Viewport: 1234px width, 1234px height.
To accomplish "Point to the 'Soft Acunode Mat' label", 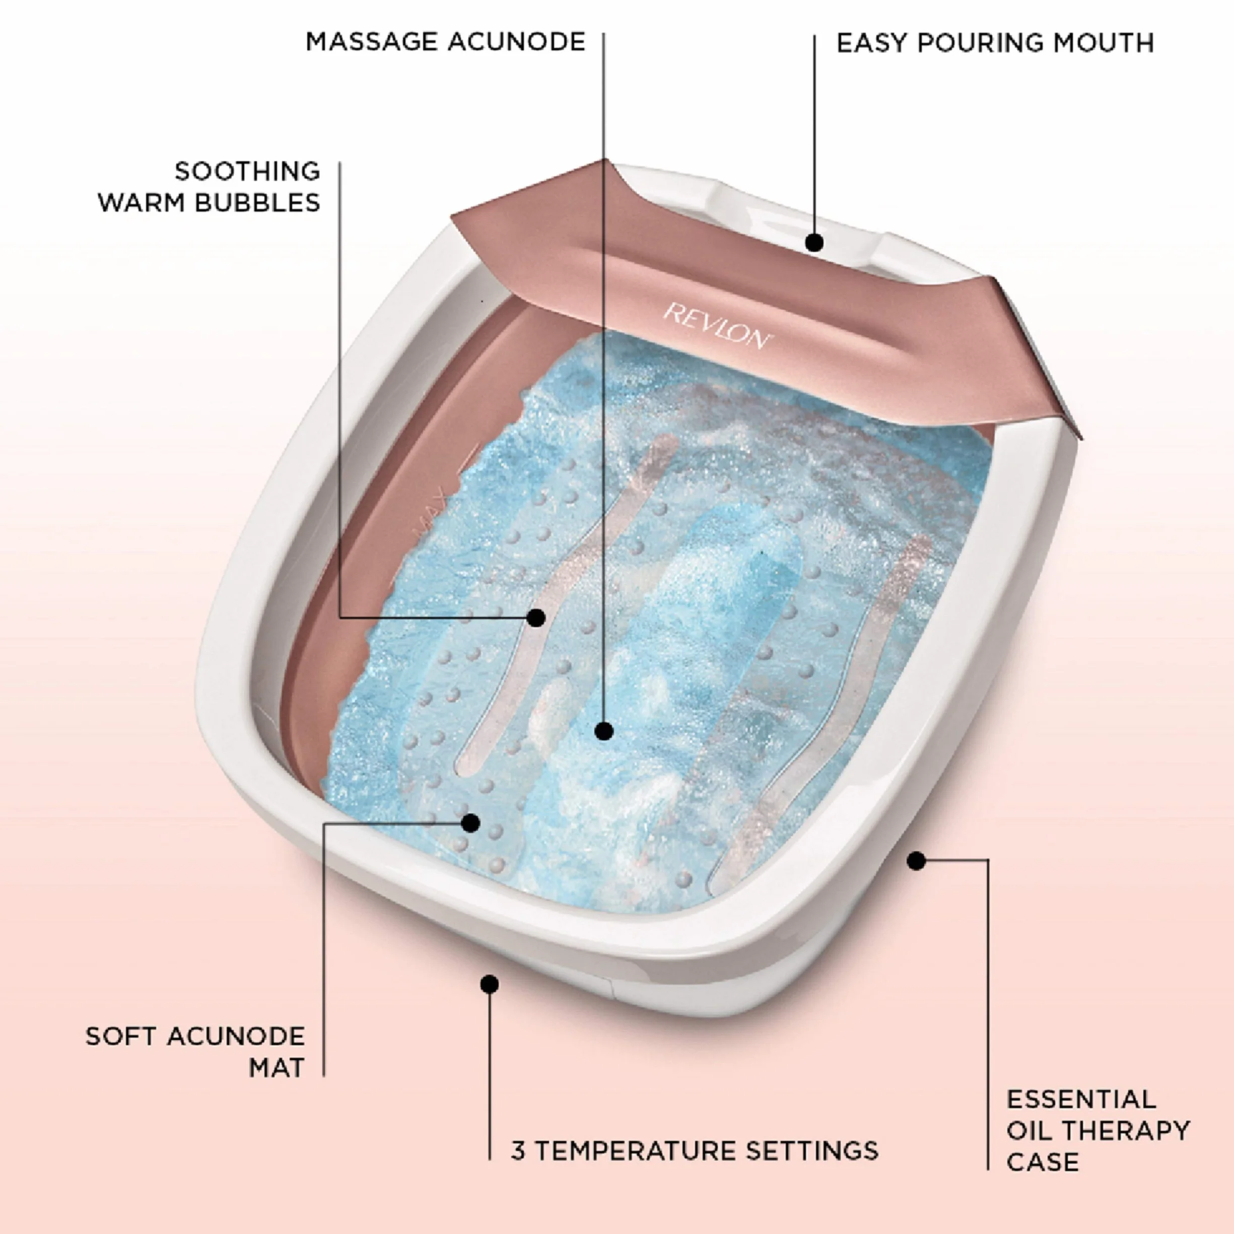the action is (195, 1052).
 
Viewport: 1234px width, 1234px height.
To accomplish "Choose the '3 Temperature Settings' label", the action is (694, 1150).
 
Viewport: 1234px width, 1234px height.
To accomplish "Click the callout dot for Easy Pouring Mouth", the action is (814, 243).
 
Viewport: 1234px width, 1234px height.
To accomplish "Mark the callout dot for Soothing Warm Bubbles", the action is (536, 618).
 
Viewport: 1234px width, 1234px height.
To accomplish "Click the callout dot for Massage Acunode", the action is (603, 731).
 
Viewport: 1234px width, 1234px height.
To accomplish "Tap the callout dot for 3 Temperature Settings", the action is (489, 984).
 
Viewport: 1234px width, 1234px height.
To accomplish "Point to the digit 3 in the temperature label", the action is (518, 1150).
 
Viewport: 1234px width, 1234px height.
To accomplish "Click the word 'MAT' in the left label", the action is (277, 1068).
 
